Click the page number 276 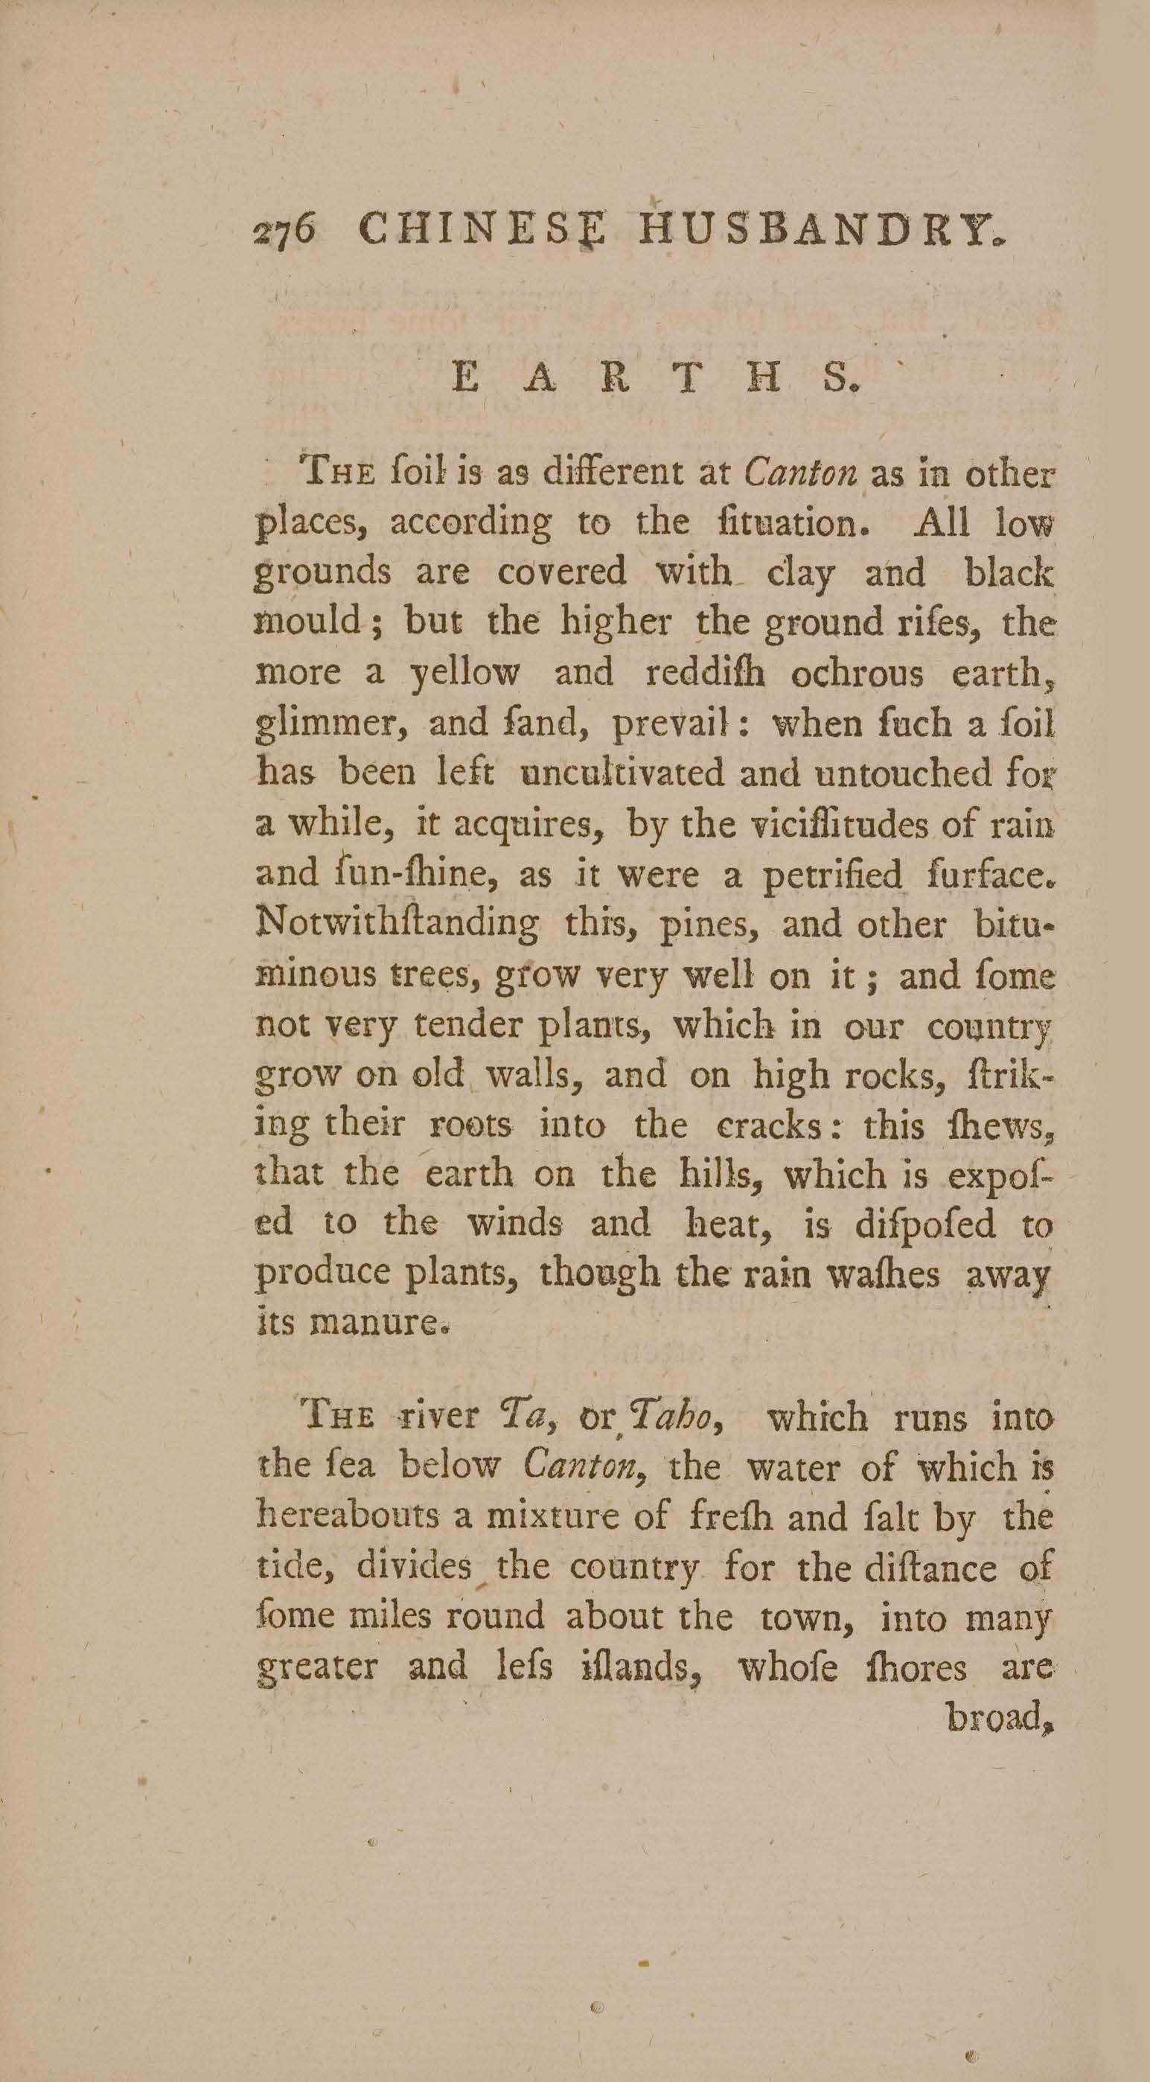tap(284, 233)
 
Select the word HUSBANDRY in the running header tap(821, 229)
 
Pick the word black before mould tap(1009, 573)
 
